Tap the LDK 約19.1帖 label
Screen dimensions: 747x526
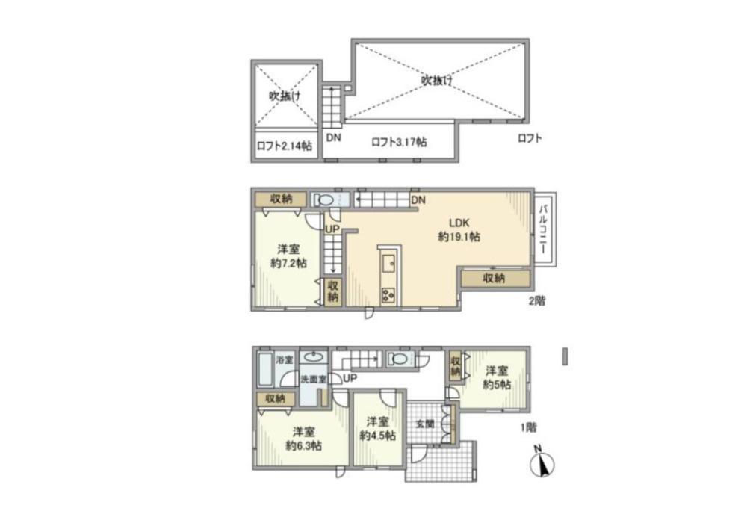pyautogui.click(x=459, y=229)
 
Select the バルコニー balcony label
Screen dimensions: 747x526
pyautogui.click(x=544, y=229)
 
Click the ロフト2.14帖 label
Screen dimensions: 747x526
pyautogui.click(x=285, y=146)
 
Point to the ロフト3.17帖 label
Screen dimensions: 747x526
pyautogui.click(x=399, y=142)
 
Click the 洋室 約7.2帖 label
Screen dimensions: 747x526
pyautogui.click(x=288, y=256)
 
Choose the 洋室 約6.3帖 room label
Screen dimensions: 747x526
pyautogui.click(x=303, y=439)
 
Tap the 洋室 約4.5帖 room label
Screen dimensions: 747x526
pyautogui.click(x=378, y=428)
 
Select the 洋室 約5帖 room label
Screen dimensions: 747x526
pyautogui.click(x=497, y=377)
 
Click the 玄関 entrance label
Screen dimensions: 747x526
pyautogui.click(x=425, y=423)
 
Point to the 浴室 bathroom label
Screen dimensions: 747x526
pyautogui.click(x=285, y=359)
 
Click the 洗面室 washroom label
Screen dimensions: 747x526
pyautogui.click(x=314, y=380)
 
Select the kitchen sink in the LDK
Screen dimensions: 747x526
pyautogui.click(x=388, y=263)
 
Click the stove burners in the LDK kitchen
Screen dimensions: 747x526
pyautogui.click(x=388, y=296)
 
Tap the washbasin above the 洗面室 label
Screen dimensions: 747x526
pyautogui.click(x=314, y=356)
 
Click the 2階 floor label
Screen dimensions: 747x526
pyautogui.click(x=536, y=301)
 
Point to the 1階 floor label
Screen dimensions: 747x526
pyautogui.click(x=528, y=427)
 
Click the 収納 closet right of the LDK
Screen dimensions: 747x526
pyautogui.click(x=495, y=278)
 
